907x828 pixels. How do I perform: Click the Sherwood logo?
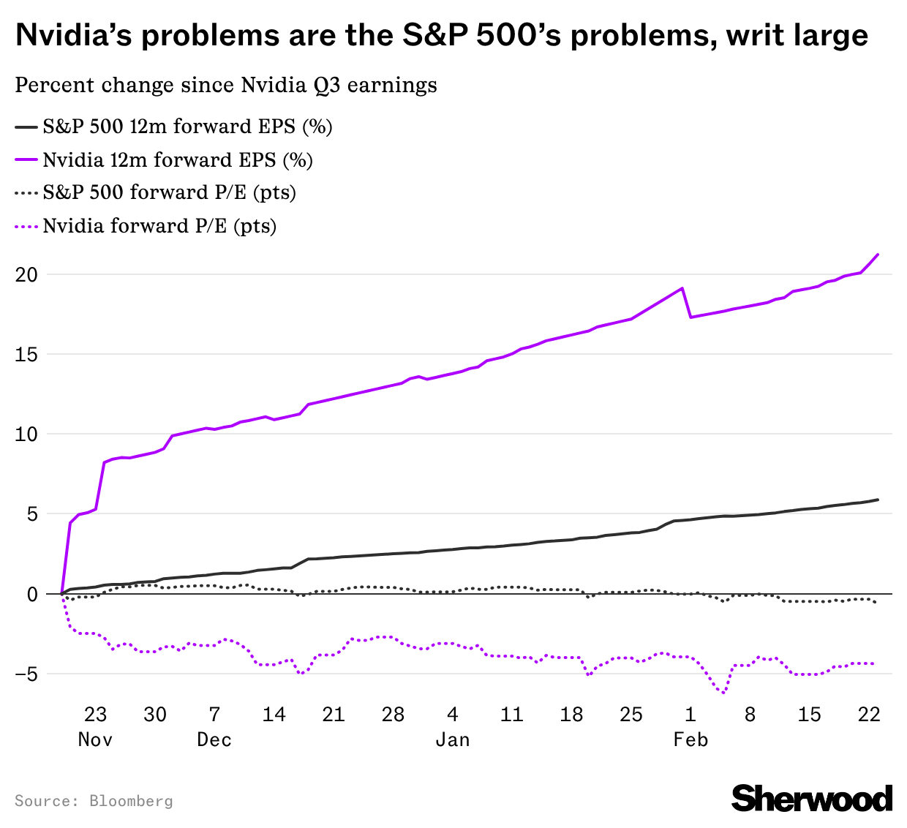812,798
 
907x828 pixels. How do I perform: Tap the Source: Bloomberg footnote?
94,801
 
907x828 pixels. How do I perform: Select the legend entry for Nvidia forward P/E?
159,226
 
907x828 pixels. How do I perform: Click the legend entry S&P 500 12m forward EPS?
187,127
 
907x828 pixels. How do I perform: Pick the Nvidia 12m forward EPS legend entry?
177,160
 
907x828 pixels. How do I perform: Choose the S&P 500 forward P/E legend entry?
168,193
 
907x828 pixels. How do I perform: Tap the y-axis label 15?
26,355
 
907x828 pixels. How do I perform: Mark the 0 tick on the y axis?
31,594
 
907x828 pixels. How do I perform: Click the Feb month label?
690,740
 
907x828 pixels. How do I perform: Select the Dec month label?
214,740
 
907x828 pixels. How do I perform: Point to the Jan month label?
452,740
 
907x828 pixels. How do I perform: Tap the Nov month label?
95,740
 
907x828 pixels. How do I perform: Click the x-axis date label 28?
393,715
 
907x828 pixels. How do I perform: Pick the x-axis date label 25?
631,715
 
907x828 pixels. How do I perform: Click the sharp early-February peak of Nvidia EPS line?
682,288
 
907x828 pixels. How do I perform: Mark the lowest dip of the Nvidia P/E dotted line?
723,692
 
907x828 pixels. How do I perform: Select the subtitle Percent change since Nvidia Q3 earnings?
226,86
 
